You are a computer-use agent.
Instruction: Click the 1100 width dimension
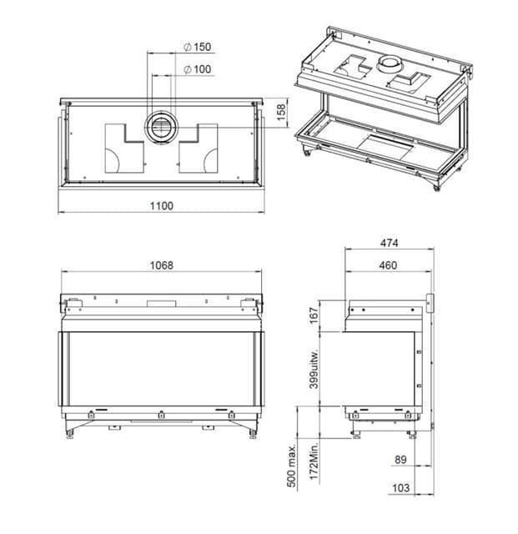162,206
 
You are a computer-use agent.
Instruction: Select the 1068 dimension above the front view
162,265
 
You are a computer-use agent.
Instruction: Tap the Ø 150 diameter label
197,47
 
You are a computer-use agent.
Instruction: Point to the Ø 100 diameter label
197,69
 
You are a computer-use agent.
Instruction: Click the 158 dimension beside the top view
281,113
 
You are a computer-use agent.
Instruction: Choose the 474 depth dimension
389,243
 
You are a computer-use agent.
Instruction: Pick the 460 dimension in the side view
388,265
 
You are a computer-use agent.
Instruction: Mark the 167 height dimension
314,315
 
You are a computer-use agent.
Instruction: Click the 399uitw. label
314,369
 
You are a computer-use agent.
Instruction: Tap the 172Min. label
314,461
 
